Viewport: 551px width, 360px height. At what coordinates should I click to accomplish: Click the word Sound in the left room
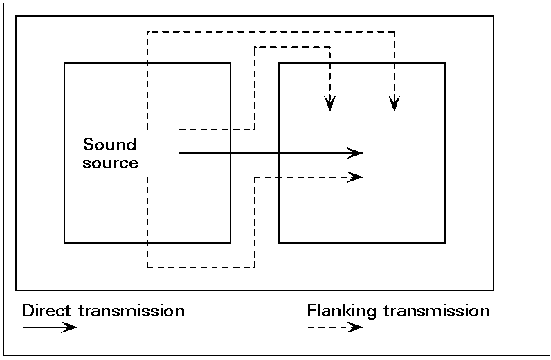click(x=109, y=145)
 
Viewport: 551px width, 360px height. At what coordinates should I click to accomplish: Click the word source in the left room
click(x=110, y=163)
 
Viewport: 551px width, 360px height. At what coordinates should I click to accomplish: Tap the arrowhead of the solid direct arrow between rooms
click(x=356, y=152)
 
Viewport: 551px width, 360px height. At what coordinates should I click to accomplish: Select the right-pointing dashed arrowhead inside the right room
click(x=356, y=177)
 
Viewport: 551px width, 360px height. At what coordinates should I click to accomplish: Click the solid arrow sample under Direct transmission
click(x=50, y=327)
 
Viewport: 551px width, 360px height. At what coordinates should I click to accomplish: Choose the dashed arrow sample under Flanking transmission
click(x=335, y=327)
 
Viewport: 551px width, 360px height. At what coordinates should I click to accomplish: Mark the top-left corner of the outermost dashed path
click(x=147, y=31)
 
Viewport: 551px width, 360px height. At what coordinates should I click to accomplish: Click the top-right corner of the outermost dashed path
click(x=394, y=31)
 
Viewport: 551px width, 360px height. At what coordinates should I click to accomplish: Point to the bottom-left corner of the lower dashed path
click(x=147, y=267)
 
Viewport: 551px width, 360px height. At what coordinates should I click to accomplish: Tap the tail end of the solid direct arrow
click(x=179, y=152)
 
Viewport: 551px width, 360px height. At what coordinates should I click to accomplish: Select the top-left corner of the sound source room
click(x=64, y=63)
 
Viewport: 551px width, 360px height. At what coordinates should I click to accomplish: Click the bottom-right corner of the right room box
click(x=444, y=242)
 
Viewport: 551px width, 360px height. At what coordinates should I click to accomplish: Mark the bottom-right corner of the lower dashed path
click(x=255, y=267)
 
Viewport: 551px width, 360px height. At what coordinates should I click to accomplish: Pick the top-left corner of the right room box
click(x=279, y=63)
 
